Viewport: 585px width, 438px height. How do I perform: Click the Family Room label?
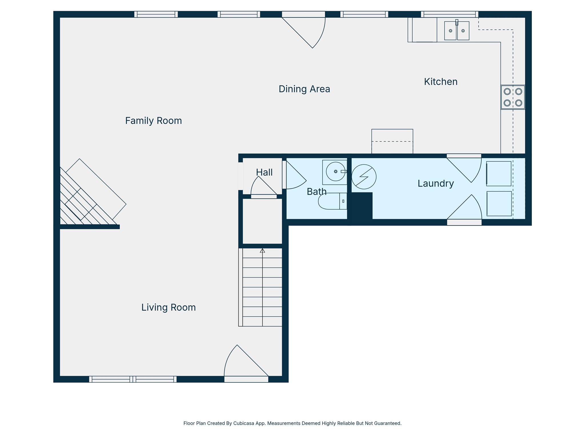[153, 121]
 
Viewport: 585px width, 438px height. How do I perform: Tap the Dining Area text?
[304, 89]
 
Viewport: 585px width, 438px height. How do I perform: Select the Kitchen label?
[440, 82]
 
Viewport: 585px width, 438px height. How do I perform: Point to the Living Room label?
[169, 307]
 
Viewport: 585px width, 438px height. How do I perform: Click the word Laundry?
[436, 183]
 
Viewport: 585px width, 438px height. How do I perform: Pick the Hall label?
[264, 172]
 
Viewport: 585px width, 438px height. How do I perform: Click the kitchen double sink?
[456, 31]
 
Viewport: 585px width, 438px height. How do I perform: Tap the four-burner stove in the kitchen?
[513, 97]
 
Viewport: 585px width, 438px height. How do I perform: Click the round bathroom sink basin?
[335, 171]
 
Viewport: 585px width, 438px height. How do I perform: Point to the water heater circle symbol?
[364, 177]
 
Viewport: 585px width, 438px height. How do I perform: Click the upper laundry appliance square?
[499, 174]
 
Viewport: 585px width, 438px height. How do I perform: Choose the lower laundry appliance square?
[499, 204]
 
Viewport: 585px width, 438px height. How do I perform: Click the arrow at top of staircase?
[262, 250]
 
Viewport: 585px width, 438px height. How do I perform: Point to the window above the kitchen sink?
[449, 14]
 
